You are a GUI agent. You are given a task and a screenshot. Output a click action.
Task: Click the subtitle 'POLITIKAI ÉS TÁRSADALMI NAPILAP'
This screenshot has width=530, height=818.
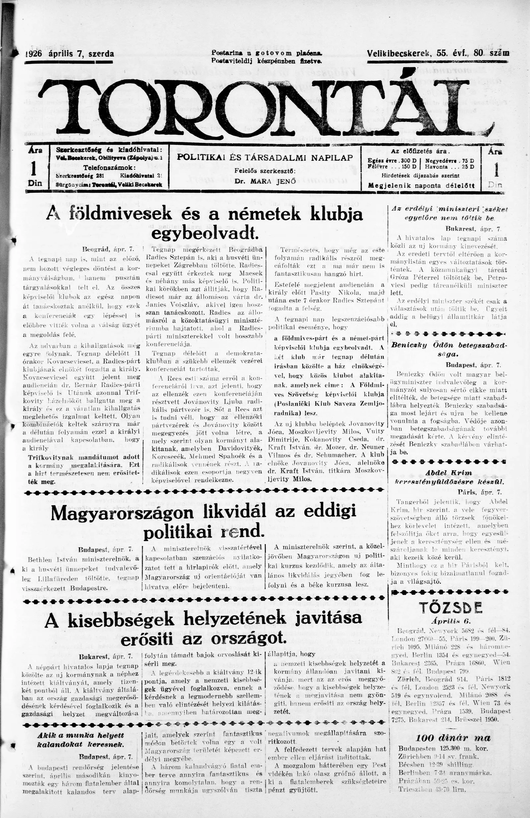[x=265, y=158]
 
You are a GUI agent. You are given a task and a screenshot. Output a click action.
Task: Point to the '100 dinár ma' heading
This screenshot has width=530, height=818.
[x=453, y=738]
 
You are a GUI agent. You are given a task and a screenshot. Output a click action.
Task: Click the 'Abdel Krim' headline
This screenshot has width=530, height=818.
[x=449, y=473]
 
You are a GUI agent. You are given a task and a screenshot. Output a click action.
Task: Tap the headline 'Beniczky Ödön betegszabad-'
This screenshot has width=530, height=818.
[x=449, y=345]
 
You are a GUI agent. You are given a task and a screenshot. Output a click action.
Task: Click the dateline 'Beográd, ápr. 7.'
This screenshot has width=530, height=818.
[x=107, y=248]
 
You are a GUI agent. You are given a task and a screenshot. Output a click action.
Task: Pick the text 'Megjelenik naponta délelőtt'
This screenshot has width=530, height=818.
[x=421, y=186]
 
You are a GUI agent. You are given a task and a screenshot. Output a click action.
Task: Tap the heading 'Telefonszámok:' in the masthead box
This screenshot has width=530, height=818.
[x=109, y=168]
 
